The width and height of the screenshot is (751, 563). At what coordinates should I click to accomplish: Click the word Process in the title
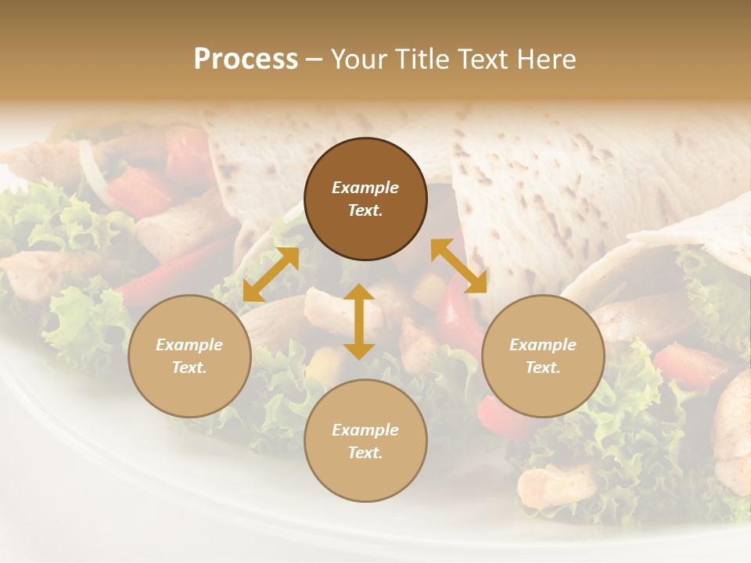pyautogui.click(x=246, y=59)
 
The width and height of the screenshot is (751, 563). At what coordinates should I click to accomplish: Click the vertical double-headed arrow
pyautogui.click(x=359, y=321)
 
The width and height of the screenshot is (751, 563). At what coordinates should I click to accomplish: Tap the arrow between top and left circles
pyautogui.click(x=271, y=274)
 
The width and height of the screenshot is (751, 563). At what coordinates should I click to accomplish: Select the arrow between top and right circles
pyautogui.click(x=458, y=266)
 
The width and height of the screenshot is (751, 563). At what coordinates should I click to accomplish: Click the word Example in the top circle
pyautogui.click(x=365, y=188)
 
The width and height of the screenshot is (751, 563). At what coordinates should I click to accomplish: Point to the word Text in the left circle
pyautogui.click(x=189, y=368)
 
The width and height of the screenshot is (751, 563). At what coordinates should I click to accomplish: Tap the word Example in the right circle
pyautogui.click(x=543, y=345)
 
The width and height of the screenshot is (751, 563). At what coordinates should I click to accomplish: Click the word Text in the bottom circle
pyautogui.click(x=365, y=453)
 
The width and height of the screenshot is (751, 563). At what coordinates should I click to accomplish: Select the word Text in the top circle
pyautogui.click(x=365, y=210)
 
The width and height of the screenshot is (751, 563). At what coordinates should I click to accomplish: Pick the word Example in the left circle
pyautogui.click(x=189, y=345)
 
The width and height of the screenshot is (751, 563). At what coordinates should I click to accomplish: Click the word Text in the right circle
pyautogui.click(x=543, y=368)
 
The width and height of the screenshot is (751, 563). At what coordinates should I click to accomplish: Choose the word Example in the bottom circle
pyautogui.click(x=365, y=430)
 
